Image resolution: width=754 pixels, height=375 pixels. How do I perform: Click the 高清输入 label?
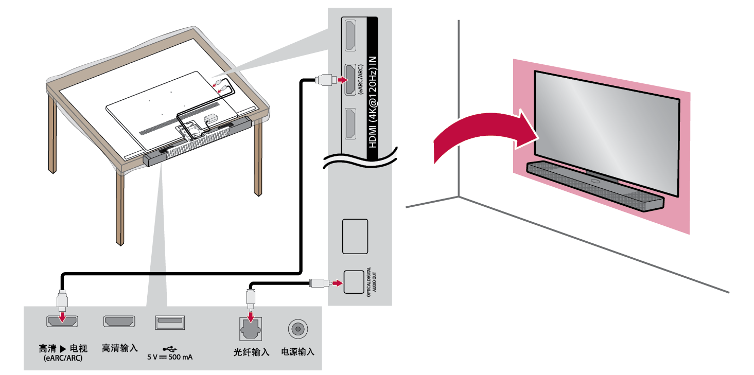coord(120,348)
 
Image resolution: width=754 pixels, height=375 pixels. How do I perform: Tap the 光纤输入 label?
coord(251,352)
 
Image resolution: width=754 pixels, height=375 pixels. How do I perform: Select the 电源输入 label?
coord(297,352)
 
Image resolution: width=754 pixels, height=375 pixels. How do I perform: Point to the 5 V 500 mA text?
coord(170,357)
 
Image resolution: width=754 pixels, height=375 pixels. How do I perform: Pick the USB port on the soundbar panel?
coord(170,323)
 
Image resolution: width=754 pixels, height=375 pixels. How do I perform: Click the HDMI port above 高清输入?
coord(120,322)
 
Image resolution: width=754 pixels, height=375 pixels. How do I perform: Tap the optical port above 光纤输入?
coord(251,328)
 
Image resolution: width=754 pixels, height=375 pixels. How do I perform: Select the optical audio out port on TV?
coord(354,282)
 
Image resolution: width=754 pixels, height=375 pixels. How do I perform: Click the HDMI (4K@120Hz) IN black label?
coord(373,82)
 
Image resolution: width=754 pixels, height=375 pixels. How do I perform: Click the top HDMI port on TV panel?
coord(349,34)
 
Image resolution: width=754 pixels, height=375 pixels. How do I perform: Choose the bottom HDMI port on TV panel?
coord(349,124)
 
